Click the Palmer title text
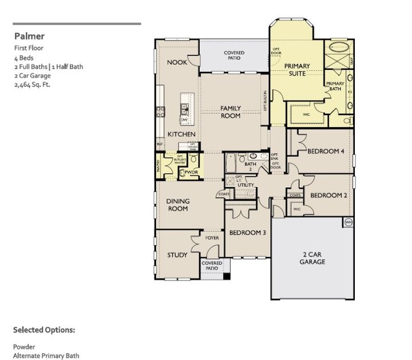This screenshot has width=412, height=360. (x=29, y=36)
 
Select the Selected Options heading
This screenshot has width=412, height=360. (x=44, y=330)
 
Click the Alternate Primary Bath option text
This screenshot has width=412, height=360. (x=46, y=356)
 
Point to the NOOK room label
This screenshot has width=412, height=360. (x=177, y=62)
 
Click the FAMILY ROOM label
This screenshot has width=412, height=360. (x=231, y=112)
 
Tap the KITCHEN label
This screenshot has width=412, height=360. (x=181, y=134)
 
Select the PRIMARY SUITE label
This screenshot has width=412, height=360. (x=297, y=70)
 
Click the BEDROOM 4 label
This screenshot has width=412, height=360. (x=326, y=152)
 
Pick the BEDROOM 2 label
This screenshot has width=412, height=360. (x=329, y=195)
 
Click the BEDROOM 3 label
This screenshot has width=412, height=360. (x=248, y=233)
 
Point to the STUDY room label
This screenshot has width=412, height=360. (x=177, y=255)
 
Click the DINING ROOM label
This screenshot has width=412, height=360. (x=177, y=205)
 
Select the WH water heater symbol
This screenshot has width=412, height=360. (x=348, y=222)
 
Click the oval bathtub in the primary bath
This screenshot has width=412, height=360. (x=339, y=47)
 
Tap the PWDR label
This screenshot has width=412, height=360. (x=191, y=172)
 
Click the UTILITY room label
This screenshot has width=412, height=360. (x=245, y=185)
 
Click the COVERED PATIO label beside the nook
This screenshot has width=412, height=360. (x=233, y=56)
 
